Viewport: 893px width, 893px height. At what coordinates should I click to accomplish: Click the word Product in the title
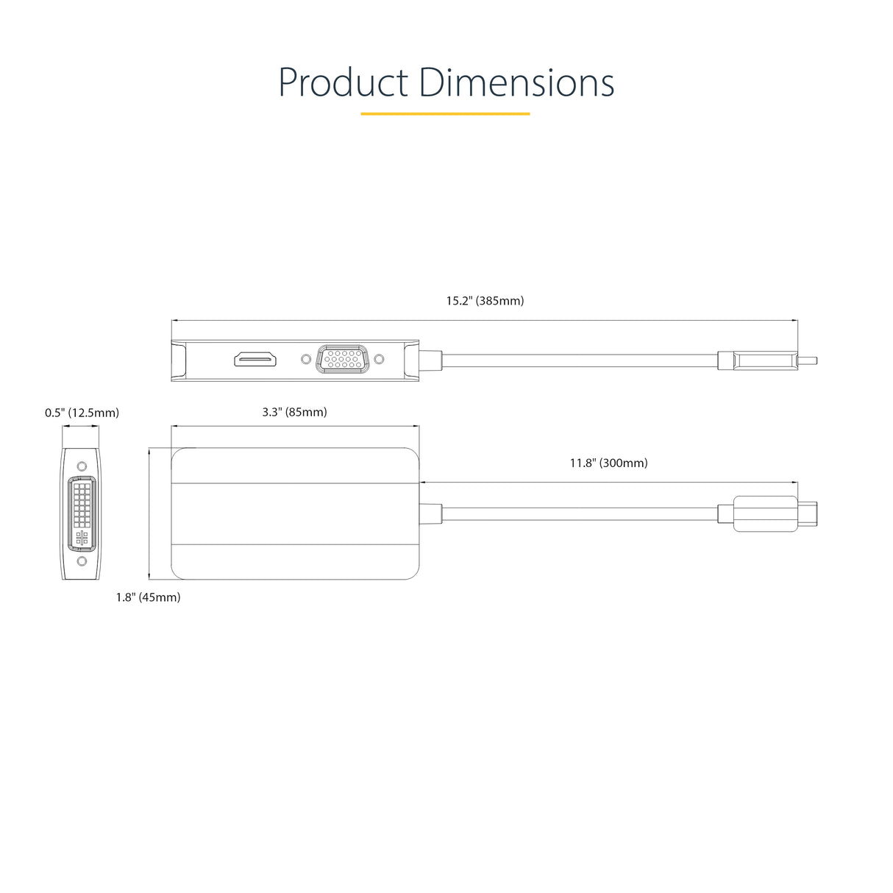coord(343,83)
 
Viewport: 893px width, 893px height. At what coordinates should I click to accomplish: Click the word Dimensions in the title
coord(517,83)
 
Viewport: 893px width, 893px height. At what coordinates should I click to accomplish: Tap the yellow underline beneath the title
coord(445,114)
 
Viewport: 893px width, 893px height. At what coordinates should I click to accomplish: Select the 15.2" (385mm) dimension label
coord(485,301)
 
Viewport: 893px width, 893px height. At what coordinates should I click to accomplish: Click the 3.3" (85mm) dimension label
coord(294,412)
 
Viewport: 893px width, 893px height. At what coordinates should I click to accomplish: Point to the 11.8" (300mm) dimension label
coord(608,463)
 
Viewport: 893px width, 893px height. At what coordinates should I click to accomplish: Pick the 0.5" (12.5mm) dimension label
coord(82,413)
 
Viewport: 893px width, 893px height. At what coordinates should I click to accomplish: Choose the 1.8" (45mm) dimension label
coord(148,597)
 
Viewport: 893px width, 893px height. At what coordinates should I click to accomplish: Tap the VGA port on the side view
coord(342,359)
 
